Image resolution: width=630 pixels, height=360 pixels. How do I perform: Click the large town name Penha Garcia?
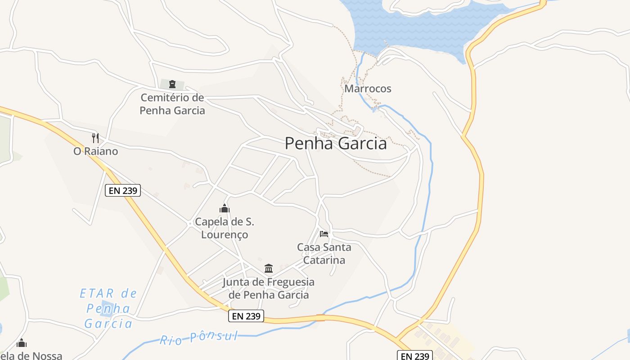pos(336,144)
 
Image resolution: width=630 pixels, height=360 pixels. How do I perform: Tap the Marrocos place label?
pos(368,89)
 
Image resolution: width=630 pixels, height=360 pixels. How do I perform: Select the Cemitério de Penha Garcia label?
pos(172,104)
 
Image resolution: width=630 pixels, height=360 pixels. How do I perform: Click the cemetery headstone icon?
pos(172,84)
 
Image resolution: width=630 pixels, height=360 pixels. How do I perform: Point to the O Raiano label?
pos(96,151)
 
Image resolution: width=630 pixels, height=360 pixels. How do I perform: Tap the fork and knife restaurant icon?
pos(95,138)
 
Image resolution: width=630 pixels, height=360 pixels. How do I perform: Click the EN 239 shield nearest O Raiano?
pos(123,190)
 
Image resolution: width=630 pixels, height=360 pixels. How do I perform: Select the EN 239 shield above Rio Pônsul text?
pos(246,316)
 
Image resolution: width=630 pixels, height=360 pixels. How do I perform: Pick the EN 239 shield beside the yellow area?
pos(414,355)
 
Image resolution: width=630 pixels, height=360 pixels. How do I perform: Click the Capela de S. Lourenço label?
pos(224,228)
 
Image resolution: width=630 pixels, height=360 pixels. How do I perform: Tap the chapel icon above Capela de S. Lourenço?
pos(224,208)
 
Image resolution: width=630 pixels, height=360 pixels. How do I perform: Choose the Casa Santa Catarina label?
pos(324,253)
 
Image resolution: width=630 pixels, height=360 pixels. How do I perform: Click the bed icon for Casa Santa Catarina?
pos(324,234)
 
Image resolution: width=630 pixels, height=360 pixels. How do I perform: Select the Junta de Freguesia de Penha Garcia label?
pos(269,288)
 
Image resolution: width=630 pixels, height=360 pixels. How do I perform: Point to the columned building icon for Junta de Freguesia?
pos(269,269)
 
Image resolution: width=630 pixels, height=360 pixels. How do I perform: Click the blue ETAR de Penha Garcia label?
pos(108,309)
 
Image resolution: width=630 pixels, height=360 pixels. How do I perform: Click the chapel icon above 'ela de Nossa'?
pos(22,343)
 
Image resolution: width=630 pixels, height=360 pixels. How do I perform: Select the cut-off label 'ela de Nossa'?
pos(31,355)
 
